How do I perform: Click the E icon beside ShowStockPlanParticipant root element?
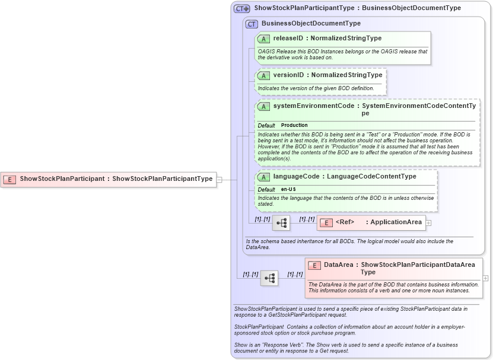(x=9, y=179)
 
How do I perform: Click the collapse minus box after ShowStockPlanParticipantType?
(x=220, y=179)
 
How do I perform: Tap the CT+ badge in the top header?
(x=241, y=8)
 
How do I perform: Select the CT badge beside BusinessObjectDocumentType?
(x=252, y=24)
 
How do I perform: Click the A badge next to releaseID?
(x=264, y=39)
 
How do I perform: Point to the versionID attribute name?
(x=288, y=75)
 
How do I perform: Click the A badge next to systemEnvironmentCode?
(x=264, y=106)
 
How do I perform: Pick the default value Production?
(x=294, y=125)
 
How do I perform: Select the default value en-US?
(x=289, y=189)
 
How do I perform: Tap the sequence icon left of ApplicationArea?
(x=281, y=223)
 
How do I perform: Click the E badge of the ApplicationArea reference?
(x=326, y=222)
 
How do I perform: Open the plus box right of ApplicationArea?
(x=428, y=223)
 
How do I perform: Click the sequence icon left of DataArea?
(x=269, y=278)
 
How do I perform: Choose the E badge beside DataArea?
(x=314, y=265)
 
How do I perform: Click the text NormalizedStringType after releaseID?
(x=346, y=39)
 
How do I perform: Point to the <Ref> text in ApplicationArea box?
(x=345, y=222)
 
